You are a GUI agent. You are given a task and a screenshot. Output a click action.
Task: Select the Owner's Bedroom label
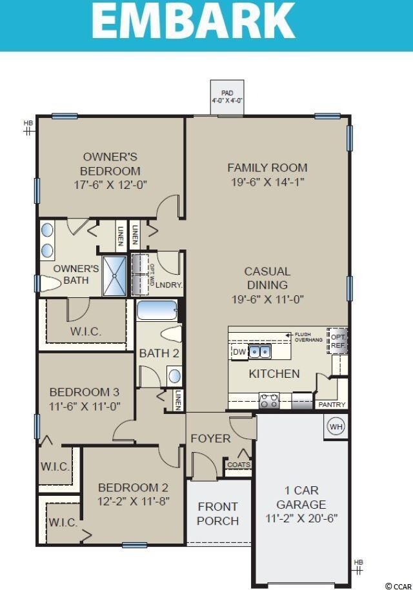[x=110, y=164]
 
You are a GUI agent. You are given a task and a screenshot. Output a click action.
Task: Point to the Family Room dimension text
[x=267, y=182]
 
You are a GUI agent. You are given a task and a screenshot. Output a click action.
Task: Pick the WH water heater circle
[x=336, y=426]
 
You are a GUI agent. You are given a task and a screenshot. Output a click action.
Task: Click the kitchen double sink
[x=260, y=351]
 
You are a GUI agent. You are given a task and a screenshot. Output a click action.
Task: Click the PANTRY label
[x=332, y=405]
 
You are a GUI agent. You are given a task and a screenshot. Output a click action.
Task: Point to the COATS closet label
[x=238, y=464]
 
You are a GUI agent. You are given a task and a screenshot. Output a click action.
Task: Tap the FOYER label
[x=210, y=438]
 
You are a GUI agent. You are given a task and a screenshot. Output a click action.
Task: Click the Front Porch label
[x=217, y=514]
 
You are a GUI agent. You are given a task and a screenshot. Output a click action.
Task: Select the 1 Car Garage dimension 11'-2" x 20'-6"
[x=302, y=518]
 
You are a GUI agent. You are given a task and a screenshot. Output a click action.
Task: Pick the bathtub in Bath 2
[x=157, y=310]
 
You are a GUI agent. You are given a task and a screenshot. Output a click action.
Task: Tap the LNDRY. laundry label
[x=169, y=285]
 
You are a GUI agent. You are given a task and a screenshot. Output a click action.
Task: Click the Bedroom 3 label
[x=85, y=392]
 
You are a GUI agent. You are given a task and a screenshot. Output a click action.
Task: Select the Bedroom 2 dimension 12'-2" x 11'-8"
[x=133, y=501]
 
